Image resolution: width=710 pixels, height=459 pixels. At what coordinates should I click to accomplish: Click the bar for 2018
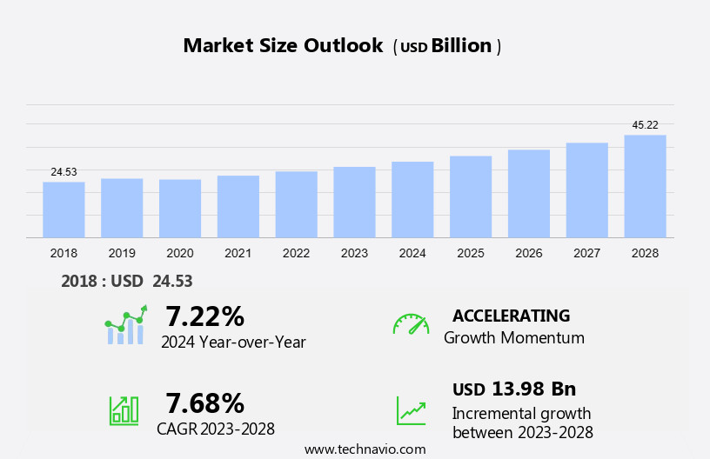pos(64,210)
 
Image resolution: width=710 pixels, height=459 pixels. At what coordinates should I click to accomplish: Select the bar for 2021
pos(238,206)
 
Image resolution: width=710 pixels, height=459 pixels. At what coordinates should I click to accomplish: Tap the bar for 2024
pos(412,199)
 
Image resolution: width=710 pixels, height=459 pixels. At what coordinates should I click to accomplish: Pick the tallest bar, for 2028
pos(645,186)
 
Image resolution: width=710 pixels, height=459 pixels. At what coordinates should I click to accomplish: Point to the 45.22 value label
pos(645,125)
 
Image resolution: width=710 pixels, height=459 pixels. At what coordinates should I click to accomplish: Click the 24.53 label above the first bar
pos(64,172)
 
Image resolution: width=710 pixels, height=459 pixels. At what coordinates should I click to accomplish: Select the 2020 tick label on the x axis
pos(180,253)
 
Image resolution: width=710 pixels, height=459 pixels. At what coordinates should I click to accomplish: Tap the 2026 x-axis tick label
pos(529,253)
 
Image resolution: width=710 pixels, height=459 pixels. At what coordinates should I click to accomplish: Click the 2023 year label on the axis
pos(354,253)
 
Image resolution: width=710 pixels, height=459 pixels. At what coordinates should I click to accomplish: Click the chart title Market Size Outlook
pos(283,46)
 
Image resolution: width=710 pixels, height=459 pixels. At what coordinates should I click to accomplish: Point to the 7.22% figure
pos(204,316)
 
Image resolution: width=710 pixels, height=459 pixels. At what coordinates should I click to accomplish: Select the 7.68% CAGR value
pos(204,402)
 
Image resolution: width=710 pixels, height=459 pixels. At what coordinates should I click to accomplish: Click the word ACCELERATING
pos(511,316)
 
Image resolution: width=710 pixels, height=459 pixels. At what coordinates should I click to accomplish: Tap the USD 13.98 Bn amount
pos(514,389)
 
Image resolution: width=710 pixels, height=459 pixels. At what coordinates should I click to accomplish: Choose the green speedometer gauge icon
pos(411,324)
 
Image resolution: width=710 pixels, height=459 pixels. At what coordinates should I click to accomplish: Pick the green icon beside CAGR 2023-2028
pos(124,409)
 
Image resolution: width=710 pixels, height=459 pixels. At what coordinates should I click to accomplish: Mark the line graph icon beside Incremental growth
pos(411,410)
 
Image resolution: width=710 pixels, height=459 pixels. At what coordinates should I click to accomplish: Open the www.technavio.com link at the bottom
pos(365,449)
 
